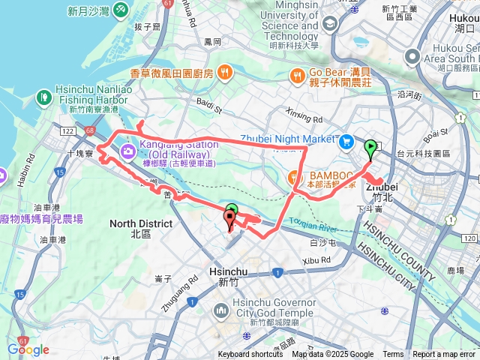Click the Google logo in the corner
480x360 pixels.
[28, 349]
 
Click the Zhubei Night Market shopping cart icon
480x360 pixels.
[345, 140]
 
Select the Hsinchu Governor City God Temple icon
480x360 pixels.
[221, 310]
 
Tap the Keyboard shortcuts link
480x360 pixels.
[250, 355]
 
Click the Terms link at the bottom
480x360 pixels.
[393, 355]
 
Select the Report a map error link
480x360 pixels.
[445, 355]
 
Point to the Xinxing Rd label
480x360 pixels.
[304, 118]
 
